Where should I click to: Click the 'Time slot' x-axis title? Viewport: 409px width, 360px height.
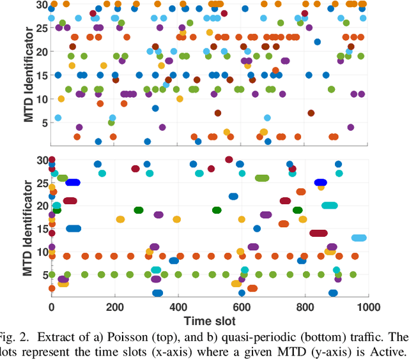click(x=210, y=320)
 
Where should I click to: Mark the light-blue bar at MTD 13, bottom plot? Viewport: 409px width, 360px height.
click(x=359, y=237)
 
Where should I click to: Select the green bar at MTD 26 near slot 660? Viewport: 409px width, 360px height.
click(x=262, y=178)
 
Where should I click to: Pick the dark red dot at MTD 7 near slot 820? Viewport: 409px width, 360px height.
click(x=311, y=113)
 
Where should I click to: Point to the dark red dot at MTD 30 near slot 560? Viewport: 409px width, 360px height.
click(x=229, y=160)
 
